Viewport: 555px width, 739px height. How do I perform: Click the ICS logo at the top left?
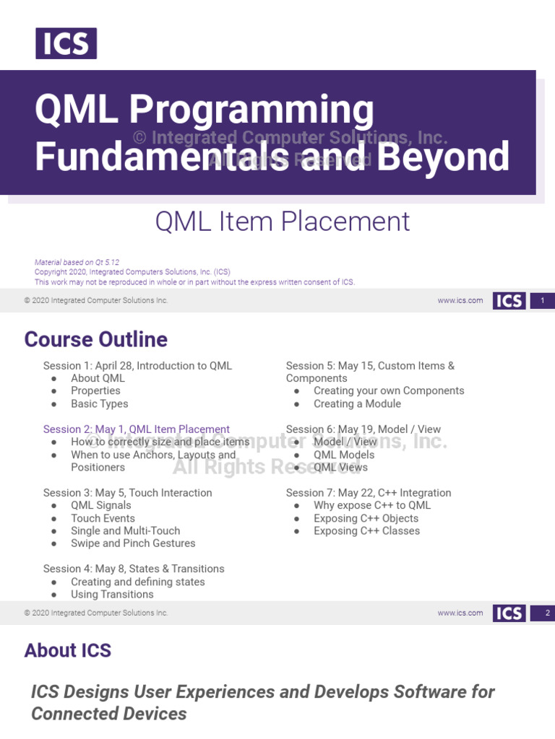(66, 43)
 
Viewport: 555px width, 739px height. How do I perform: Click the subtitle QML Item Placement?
(283, 222)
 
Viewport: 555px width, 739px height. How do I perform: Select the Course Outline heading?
(95, 339)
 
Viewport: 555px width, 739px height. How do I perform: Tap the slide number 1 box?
(542, 301)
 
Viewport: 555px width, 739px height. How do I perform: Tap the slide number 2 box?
(542, 613)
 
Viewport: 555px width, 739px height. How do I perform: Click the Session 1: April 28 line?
(137, 366)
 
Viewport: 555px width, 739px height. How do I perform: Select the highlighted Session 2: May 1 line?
(136, 429)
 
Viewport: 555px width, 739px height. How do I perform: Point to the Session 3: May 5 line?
(127, 493)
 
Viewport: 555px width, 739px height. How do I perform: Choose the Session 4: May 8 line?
(134, 569)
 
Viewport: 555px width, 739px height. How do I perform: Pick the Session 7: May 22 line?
(368, 493)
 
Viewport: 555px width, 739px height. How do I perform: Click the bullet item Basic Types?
(99, 404)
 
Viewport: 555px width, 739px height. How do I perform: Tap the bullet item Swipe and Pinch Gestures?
(133, 543)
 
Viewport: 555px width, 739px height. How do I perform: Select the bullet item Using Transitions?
(112, 595)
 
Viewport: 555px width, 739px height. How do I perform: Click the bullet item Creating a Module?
(357, 404)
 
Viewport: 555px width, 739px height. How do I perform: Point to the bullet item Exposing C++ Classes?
(366, 531)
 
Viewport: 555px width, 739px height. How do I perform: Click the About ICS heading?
(67, 650)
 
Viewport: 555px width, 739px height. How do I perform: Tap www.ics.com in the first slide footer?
(460, 301)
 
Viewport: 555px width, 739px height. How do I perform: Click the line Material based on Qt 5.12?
(77, 263)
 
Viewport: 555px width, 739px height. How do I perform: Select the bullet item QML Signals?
(101, 506)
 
